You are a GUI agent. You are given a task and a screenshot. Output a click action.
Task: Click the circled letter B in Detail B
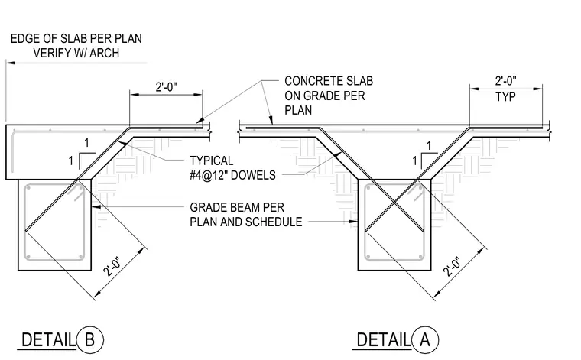(89, 339)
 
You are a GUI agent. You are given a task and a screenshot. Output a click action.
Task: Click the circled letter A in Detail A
(424, 339)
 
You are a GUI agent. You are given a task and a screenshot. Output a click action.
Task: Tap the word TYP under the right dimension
(505, 97)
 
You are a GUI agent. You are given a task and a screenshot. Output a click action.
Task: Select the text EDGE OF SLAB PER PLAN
(76, 38)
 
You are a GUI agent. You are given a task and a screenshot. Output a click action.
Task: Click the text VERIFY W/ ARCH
(76, 53)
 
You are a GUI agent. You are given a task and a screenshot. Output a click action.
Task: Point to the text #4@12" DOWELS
(232, 175)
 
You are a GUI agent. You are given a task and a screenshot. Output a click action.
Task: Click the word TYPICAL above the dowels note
(212, 161)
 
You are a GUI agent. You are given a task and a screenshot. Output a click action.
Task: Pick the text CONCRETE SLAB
(329, 81)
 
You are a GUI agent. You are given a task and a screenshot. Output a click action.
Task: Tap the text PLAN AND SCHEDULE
(246, 222)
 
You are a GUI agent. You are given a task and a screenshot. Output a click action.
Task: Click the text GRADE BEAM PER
(237, 207)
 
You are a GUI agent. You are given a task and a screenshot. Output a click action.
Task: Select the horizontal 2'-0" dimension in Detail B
(167, 87)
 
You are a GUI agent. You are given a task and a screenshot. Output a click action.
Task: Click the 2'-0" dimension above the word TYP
(506, 81)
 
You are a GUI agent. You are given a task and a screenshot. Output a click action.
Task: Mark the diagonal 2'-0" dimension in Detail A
(453, 267)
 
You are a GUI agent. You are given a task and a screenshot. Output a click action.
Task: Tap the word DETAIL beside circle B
(48, 340)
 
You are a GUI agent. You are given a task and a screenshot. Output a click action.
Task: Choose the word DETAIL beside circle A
(384, 340)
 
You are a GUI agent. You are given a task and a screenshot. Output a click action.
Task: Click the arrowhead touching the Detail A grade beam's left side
(353, 222)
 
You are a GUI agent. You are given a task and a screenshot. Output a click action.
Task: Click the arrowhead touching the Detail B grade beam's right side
(96, 207)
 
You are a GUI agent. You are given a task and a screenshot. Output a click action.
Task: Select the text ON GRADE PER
(325, 96)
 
